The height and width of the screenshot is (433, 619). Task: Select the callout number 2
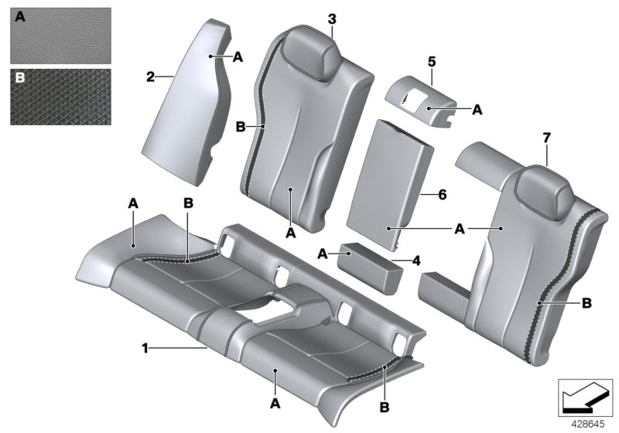pyautogui.click(x=151, y=77)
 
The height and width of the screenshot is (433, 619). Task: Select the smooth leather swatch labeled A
pyautogui.click(x=60, y=36)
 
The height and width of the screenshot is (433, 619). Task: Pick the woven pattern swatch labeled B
pyautogui.click(x=60, y=97)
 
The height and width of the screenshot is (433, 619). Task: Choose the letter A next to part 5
pyautogui.click(x=477, y=111)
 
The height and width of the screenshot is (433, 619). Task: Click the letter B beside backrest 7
pyautogui.click(x=586, y=302)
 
